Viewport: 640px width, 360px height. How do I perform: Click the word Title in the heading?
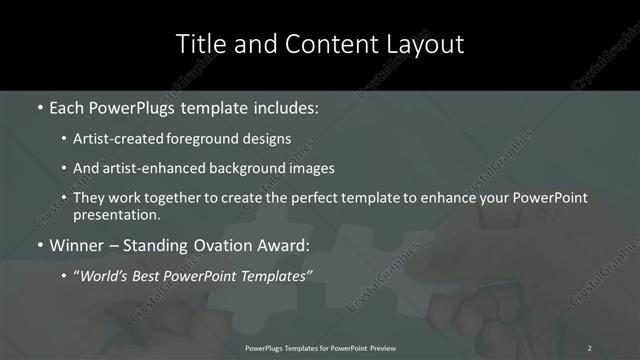198,44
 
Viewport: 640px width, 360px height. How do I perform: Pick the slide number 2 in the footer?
590,347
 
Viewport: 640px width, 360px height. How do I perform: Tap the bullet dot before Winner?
40,245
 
